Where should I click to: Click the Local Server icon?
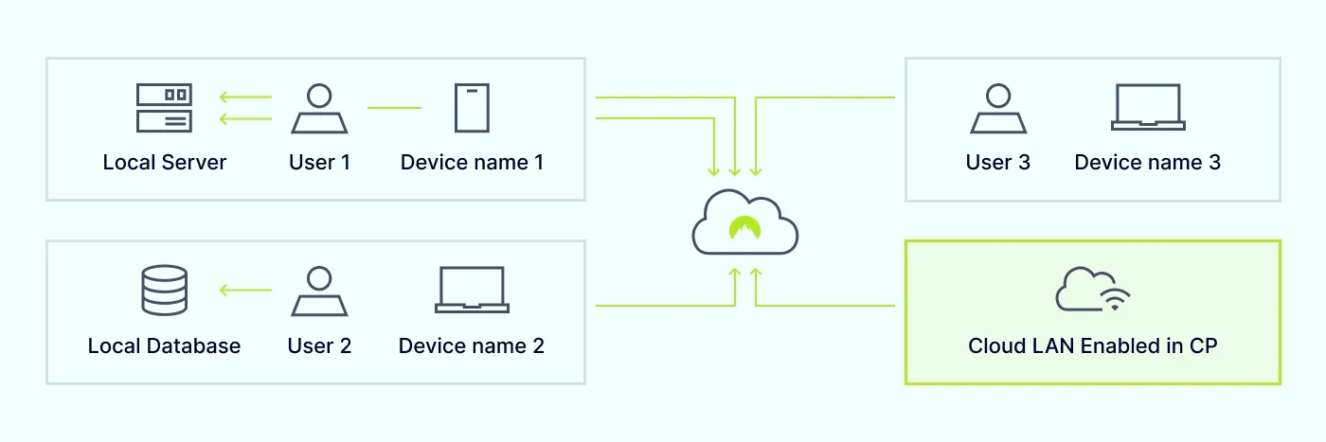coord(164,108)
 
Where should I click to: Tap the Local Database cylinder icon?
coord(164,290)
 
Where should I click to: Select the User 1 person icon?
coord(319,108)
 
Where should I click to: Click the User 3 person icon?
coord(998,108)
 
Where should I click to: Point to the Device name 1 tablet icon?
coord(472,108)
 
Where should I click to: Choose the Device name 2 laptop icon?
coord(472,290)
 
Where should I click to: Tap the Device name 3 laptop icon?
coord(1147,108)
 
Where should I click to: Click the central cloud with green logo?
coord(745,223)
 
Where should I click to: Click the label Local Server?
coord(165,163)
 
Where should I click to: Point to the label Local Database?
coord(164,346)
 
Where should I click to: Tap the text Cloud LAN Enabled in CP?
coord(1092,346)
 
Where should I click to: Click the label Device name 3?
coord(1147,163)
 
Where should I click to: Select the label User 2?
coord(319,346)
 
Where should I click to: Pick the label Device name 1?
coord(472,163)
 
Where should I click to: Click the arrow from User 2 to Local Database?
coord(245,290)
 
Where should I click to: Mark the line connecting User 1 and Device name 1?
coord(394,108)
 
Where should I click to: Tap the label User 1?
coord(319,163)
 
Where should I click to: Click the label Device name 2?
coord(472,346)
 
